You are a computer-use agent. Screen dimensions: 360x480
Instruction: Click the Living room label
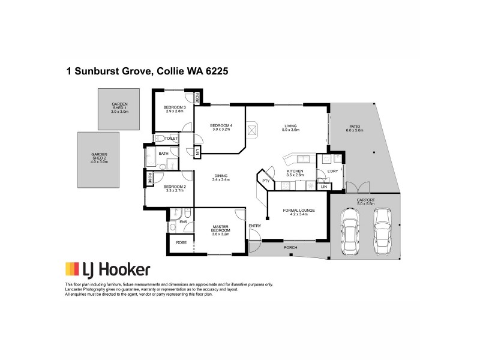pyautogui.click(x=291, y=126)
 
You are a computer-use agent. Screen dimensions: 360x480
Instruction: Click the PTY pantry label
pyautogui.click(x=265, y=181)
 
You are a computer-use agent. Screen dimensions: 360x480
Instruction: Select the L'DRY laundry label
pyautogui.click(x=332, y=172)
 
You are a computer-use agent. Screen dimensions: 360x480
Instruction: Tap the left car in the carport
pyautogui.click(x=349, y=231)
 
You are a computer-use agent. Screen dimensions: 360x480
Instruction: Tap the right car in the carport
pyautogui.click(x=382, y=231)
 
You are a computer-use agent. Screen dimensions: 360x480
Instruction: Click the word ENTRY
pyautogui.click(x=255, y=226)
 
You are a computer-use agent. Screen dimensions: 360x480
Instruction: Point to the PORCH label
pyautogui.click(x=290, y=247)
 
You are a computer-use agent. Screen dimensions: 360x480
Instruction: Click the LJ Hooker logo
pyautogui.click(x=107, y=269)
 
